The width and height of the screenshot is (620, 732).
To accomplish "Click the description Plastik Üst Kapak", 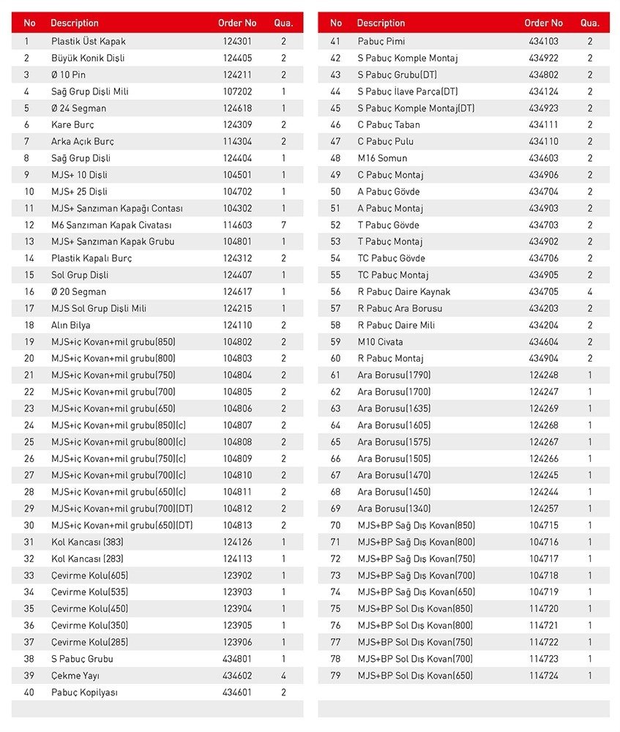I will coord(88,42).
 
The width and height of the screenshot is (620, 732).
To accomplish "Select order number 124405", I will coord(237,59).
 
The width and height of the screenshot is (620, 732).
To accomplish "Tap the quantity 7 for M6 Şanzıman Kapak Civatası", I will coord(283,225).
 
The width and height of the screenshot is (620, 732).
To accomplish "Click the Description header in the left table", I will coord(75,23).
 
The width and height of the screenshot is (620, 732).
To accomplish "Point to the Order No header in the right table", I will coord(543,23).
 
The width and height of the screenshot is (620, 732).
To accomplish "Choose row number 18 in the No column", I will coord(29,325).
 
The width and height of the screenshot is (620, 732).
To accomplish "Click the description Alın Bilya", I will coord(71,325).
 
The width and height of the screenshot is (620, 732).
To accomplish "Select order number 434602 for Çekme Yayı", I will coord(237,676).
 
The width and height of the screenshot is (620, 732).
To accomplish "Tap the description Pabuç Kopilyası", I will coord(84,692).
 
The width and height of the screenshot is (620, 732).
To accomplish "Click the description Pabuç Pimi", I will coord(381,42).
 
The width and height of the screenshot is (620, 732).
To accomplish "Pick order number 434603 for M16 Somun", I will coord(543,158).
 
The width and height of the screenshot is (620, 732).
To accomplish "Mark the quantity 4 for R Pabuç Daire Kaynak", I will coord(590,292).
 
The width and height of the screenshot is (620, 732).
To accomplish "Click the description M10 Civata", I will coord(380,342).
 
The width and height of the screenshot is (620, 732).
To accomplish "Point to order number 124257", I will coord(543,509).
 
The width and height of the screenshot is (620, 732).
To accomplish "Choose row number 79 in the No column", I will coord(336,676).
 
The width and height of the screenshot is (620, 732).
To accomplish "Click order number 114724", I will coord(543,676).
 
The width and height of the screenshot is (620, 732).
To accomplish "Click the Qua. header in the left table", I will coord(283,23).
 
